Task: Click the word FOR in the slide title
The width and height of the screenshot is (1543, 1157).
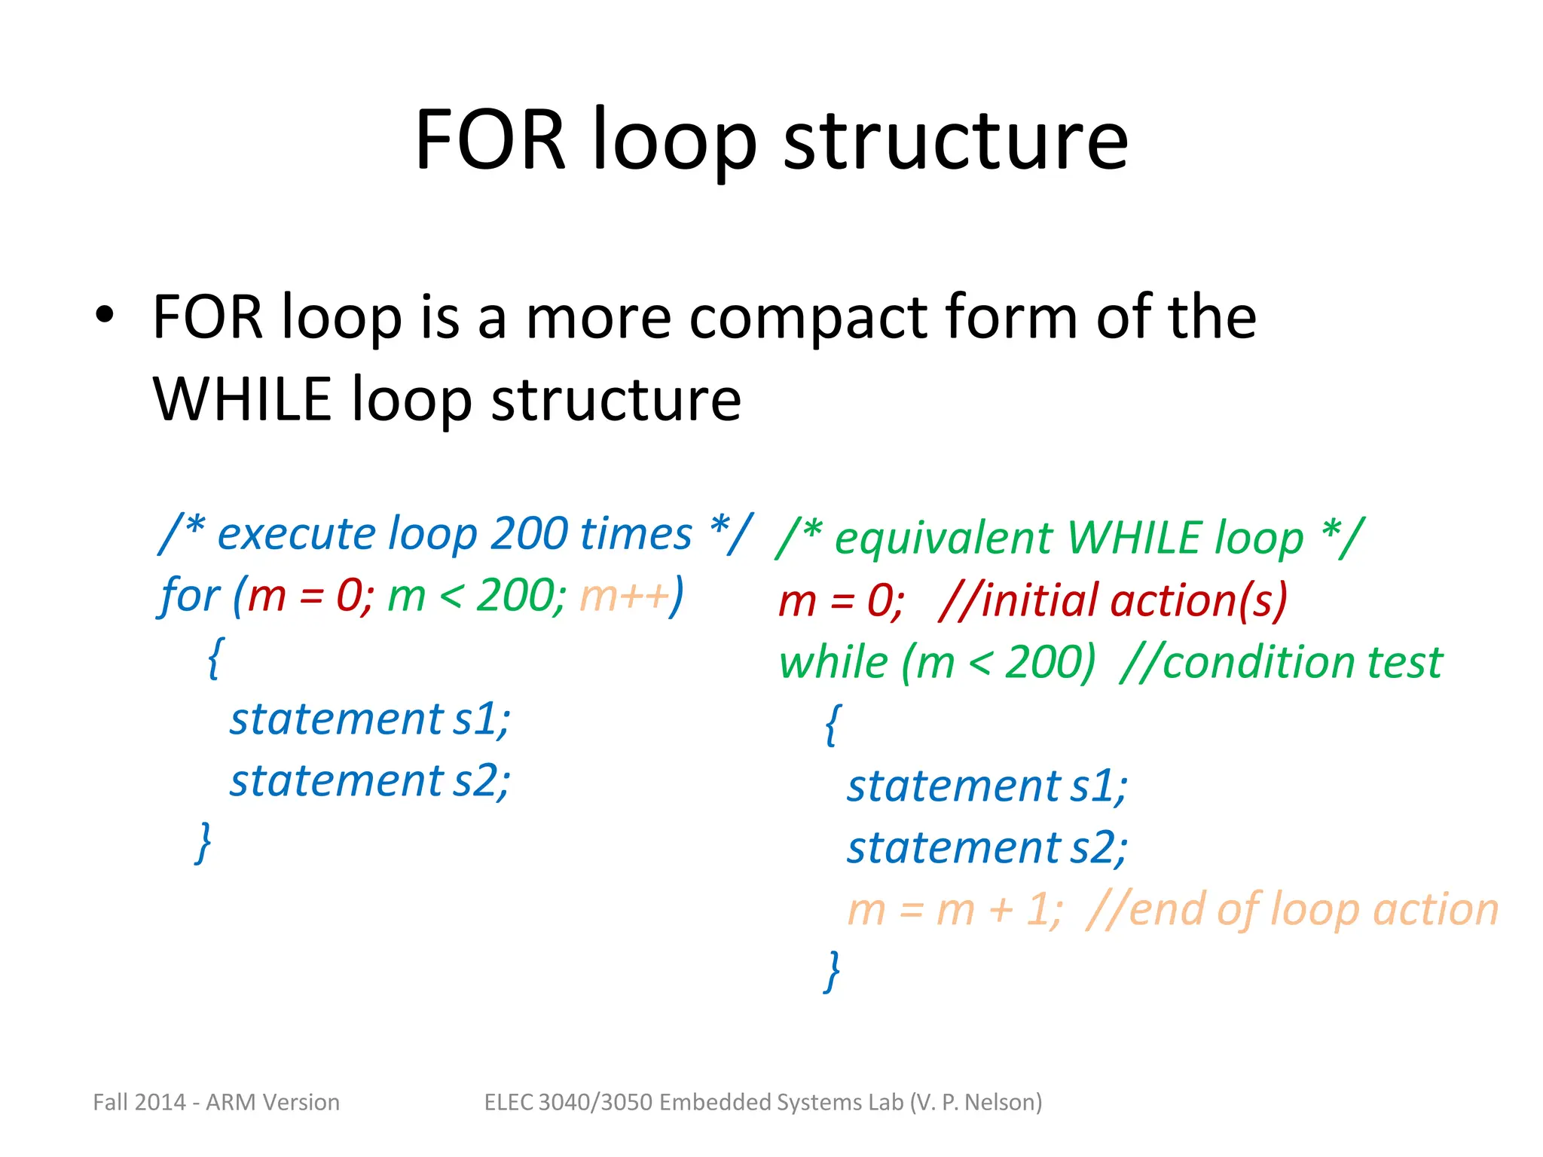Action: pos(490,140)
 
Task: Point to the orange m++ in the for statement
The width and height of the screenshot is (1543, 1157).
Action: pos(624,596)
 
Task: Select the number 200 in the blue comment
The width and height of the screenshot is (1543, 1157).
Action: pos(529,534)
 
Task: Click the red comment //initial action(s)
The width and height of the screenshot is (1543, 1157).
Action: pos(1113,601)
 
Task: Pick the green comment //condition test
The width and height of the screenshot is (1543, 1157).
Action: pos(1281,663)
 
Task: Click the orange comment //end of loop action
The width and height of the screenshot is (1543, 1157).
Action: pos(1292,909)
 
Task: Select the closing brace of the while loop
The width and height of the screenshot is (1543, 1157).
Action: pos(833,972)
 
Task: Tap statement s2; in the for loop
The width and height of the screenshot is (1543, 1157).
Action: pos(370,780)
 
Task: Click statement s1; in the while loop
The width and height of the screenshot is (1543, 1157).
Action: pos(987,786)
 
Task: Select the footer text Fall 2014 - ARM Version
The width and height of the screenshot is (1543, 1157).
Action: pos(216,1102)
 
